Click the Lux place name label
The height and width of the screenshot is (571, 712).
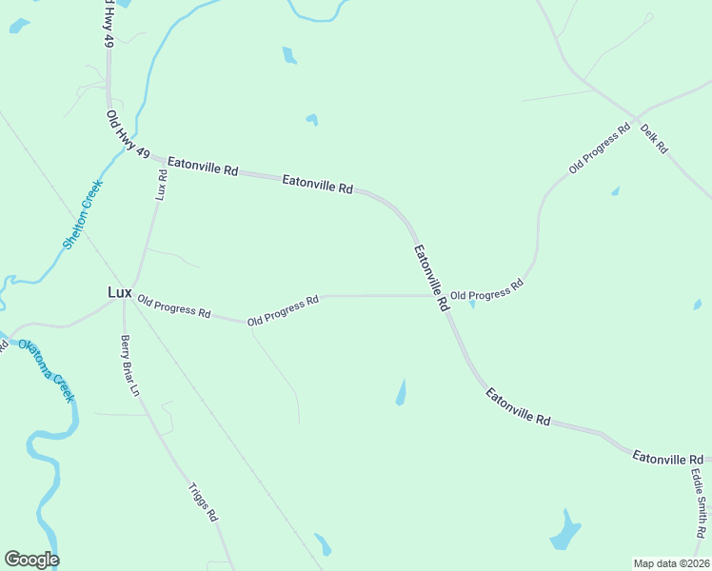coord(118,293)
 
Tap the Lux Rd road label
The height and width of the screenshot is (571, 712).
coord(162,185)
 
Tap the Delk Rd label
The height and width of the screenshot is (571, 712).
coord(655,139)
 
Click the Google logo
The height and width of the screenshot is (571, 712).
coord(31,560)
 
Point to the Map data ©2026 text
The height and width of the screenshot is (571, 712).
coord(670,562)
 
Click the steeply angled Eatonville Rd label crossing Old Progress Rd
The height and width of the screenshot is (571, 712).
coord(431,279)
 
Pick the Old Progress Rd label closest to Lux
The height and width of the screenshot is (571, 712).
coord(173,305)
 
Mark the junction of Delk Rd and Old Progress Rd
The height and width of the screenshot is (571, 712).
coord(636,120)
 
